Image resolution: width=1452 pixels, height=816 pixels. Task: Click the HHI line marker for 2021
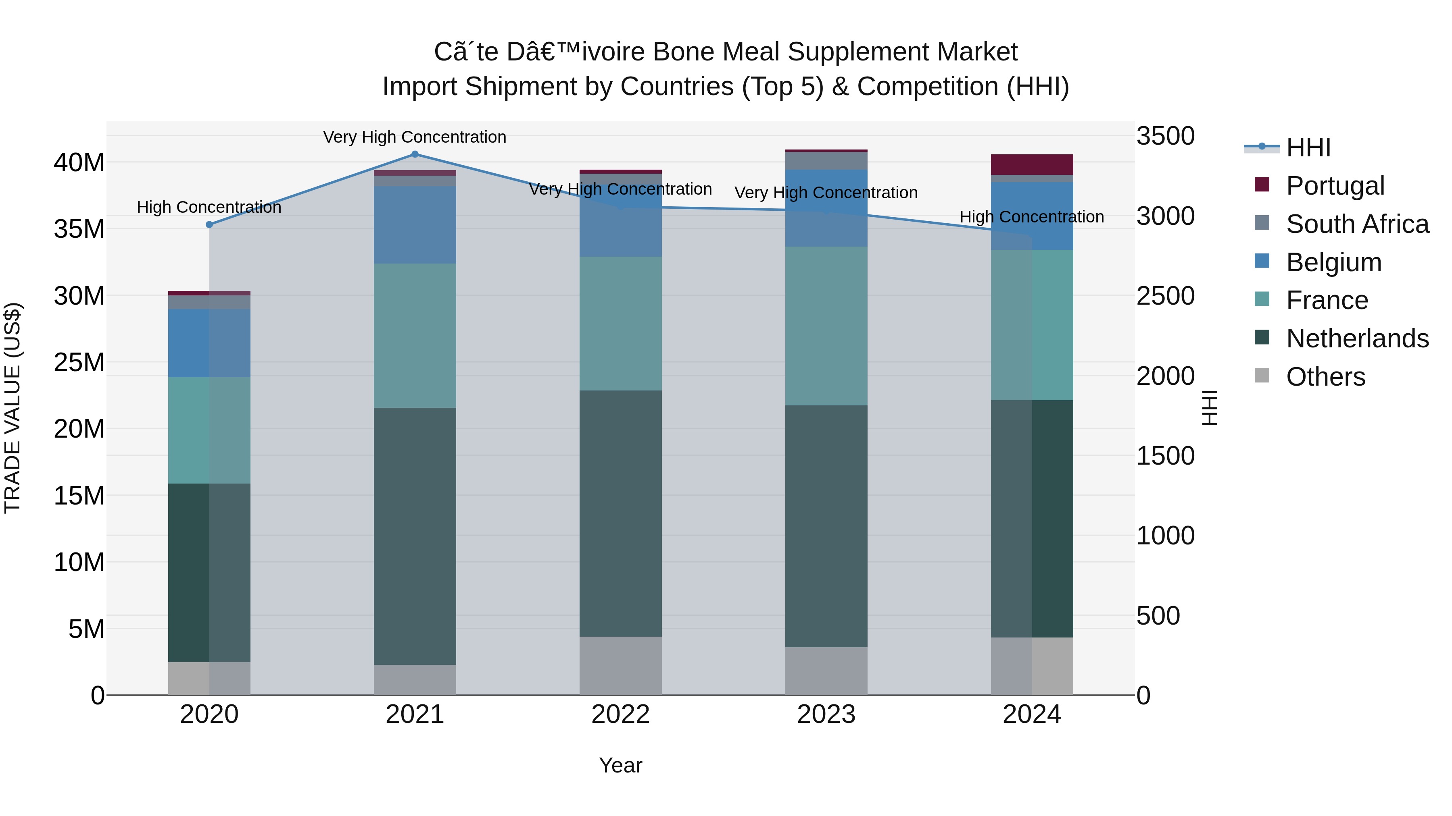pyautogui.click(x=415, y=154)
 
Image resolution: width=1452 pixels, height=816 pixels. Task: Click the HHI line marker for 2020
pyautogui.click(x=209, y=225)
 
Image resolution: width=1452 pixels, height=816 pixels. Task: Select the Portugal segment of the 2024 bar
pyautogui.click(x=1032, y=164)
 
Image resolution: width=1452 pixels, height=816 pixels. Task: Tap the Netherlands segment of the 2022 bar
pyautogui.click(x=621, y=514)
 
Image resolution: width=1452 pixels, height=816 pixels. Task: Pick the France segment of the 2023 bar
pyautogui.click(x=826, y=326)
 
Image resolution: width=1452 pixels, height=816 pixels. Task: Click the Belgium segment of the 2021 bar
pyautogui.click(x=415, y=225)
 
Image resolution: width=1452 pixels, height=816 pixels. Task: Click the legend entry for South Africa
pyautogui.click(x=1357, y=224)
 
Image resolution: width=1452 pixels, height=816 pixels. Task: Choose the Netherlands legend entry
pyautogui.click(x=1357, y=338)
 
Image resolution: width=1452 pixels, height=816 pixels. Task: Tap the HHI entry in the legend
pyautogui.click(x=1308, y=147)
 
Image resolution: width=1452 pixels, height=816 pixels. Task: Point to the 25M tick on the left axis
pyautogui.click(x=79, y=362)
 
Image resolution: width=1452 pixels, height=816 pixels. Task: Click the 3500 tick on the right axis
pyautogui.click(x=1164, y=136)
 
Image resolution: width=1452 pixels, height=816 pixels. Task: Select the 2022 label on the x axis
pyautogui.click(x=621, y=714)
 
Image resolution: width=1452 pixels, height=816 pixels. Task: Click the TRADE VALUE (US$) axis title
pyautogui.click(x=13, y=408)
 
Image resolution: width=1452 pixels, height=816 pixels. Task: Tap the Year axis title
pyautogui.click(x=621, y=765)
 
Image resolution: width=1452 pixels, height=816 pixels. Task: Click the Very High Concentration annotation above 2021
pyautogui.click(x=415, y=137)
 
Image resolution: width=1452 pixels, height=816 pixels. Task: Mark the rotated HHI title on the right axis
pyautogui.click(x=1210, y=408)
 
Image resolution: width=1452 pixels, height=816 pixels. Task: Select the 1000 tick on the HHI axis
pyautogui.click(x=1164, y=536)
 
